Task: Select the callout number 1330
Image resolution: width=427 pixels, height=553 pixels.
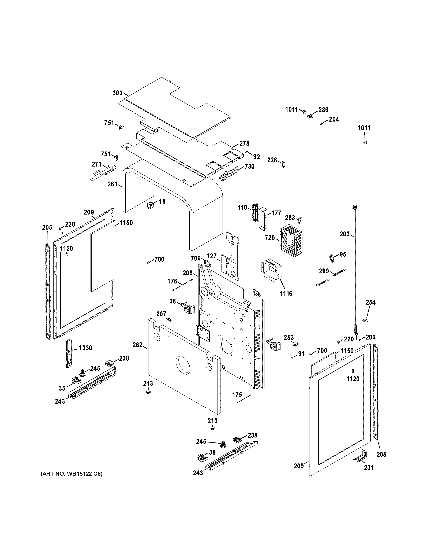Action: click(85, 348)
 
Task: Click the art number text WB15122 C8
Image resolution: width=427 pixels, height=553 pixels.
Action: click(72, 474)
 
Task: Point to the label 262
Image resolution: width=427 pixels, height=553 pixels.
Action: click(137, 345)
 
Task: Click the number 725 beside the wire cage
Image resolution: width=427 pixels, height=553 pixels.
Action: click(270, 238)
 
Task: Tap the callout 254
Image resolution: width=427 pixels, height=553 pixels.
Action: click(371, 302)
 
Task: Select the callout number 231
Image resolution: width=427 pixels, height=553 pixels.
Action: click(369, 468)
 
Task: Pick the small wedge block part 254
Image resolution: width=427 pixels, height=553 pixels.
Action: click(365, 320)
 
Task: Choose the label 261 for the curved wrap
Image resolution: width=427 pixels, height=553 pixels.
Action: click(112, 184)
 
